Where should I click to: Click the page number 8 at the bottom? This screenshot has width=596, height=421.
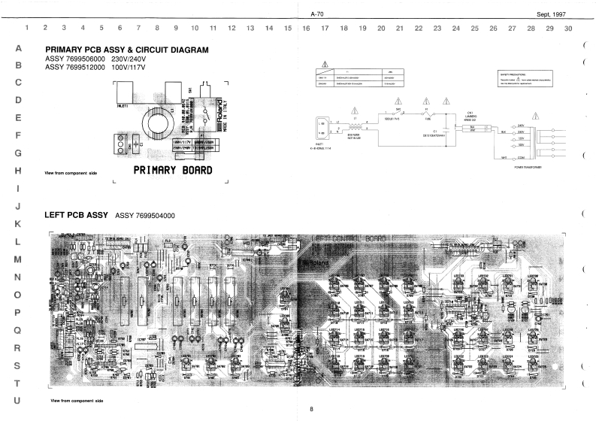click(310, 408)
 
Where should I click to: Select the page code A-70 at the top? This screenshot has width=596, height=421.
click(316, 14)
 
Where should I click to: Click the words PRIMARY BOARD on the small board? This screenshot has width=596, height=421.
click(173, 171)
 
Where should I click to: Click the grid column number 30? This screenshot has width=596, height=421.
click(568, 29)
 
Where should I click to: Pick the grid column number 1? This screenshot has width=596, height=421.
click(27, 29)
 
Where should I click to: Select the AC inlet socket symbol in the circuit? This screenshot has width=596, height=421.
click(325, 126)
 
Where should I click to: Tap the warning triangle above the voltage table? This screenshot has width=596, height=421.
click(324, 63)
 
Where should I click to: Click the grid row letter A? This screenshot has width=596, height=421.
click(17, 48)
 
